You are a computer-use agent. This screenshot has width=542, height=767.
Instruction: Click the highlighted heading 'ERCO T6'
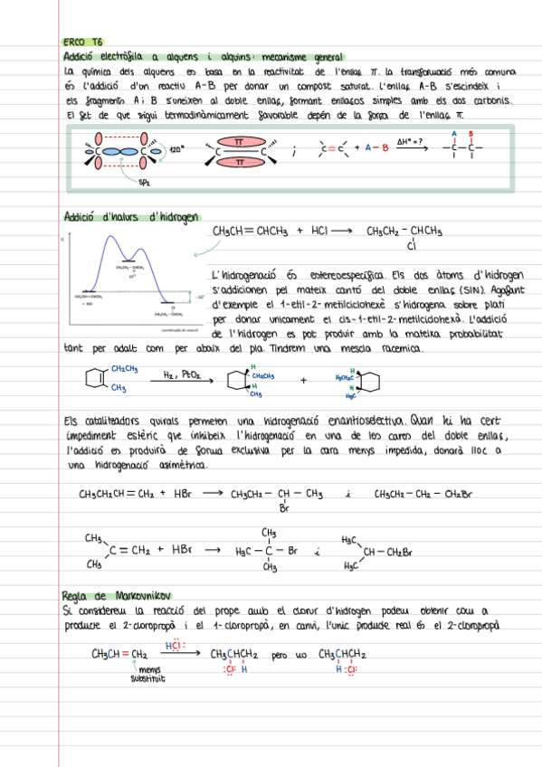pos(84,42)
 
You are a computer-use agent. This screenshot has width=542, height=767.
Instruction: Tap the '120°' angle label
pos(177,149)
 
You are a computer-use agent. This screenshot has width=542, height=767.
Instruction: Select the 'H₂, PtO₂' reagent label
pos(182,373)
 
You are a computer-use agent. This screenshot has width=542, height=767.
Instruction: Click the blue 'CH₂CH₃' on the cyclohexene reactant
pos(125,368)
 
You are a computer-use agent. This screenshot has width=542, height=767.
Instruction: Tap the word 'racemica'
pos(396,348)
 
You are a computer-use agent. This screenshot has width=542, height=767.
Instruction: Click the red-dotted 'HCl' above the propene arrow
pos(176,646)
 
